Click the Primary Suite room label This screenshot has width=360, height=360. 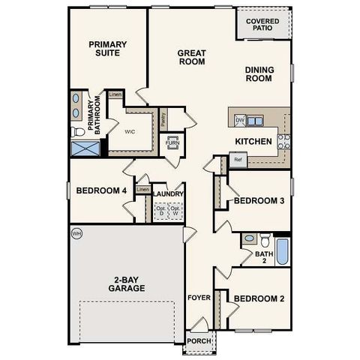tap(107, 49)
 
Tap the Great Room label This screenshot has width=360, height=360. tap(192, 58)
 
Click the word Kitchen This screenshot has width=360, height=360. tap(253, 141)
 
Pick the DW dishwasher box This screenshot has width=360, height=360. tap(240, 120)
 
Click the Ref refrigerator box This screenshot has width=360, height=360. tap(238, 159)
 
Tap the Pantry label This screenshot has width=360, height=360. tap(163, 118)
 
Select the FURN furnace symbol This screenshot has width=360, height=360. tap(172, 142)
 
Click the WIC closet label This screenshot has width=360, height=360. tap(129, 130)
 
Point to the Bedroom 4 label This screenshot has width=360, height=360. tap(101, 190)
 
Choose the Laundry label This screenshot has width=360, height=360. tap(168, 194)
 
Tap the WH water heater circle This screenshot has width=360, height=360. tap(76, 234)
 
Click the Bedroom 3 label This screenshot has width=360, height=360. tap(259, 200)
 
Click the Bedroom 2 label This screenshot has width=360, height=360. tap(259, 298)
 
